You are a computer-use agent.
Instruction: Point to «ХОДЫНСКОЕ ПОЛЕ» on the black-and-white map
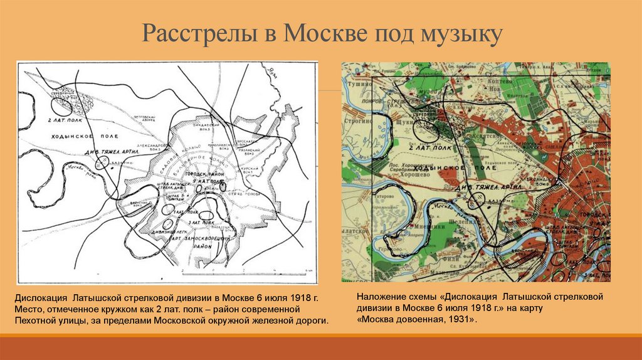click(66, 135)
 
